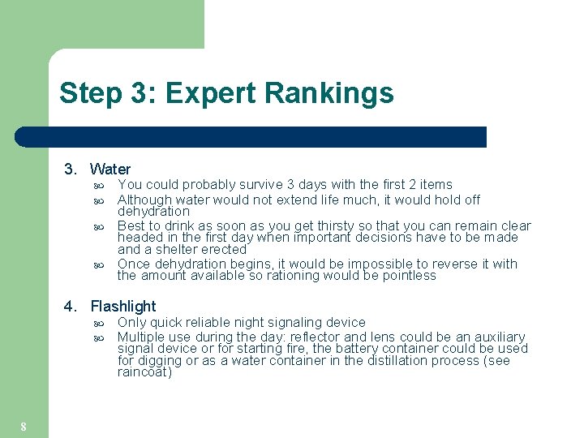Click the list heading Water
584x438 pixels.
tap(110, 170)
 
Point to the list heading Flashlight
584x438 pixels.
tap(123, 307)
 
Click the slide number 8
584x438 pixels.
tap(24, 427)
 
